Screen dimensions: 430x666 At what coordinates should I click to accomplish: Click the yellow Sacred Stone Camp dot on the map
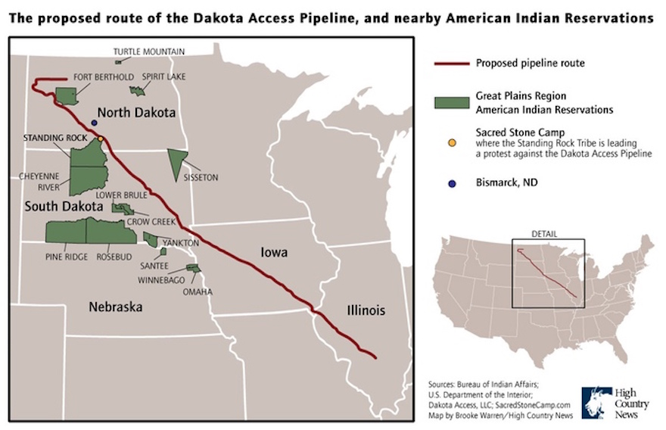pyautogui.click(x=101, y=139)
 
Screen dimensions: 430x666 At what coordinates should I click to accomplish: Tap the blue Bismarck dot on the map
pyautogui.click(x=94, y=123)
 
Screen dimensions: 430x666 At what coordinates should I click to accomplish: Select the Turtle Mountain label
pyautogui.click(x=148, y=51)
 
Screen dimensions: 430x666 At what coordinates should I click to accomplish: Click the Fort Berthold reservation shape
pyautogui.click(x=67, y=96)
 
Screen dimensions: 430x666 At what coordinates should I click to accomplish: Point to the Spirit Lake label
pyautogui.click(x=163, y=77)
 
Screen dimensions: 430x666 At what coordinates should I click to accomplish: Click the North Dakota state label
pyautogui.click(x=136, y=112)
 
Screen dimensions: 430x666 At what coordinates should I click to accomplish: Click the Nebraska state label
pyautogui.click(x=116, y=307)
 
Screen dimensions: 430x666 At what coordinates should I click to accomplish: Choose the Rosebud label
pyautogui.click(x=114, y=257)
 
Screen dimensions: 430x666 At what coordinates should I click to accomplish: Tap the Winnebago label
pyautogui.click(x=161, y=280)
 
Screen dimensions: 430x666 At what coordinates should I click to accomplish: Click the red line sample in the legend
pyautogui.click(x=451, y=64)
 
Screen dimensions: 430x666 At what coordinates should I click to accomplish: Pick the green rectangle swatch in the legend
pyautogui.click(x=451, y=103)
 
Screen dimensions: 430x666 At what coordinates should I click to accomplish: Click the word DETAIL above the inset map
pyautogui.click(x=544, y=233)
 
